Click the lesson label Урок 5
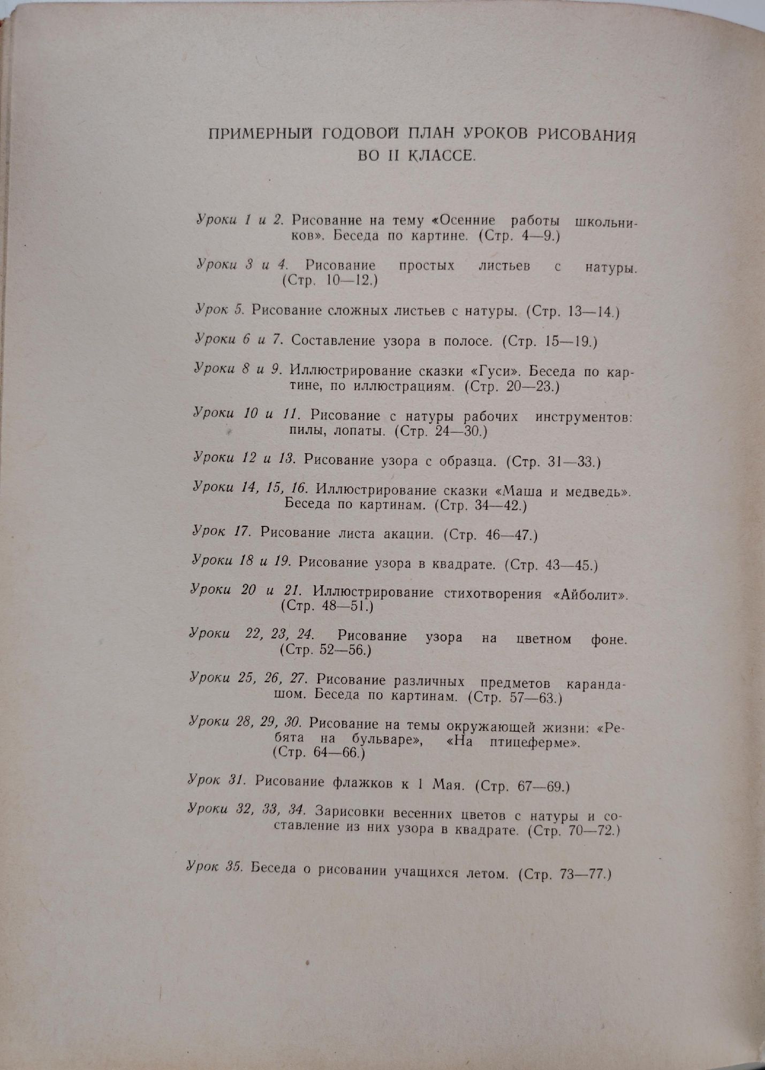pos(220,310)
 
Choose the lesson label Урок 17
pos(221,531)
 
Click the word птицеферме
pos(534,742)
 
